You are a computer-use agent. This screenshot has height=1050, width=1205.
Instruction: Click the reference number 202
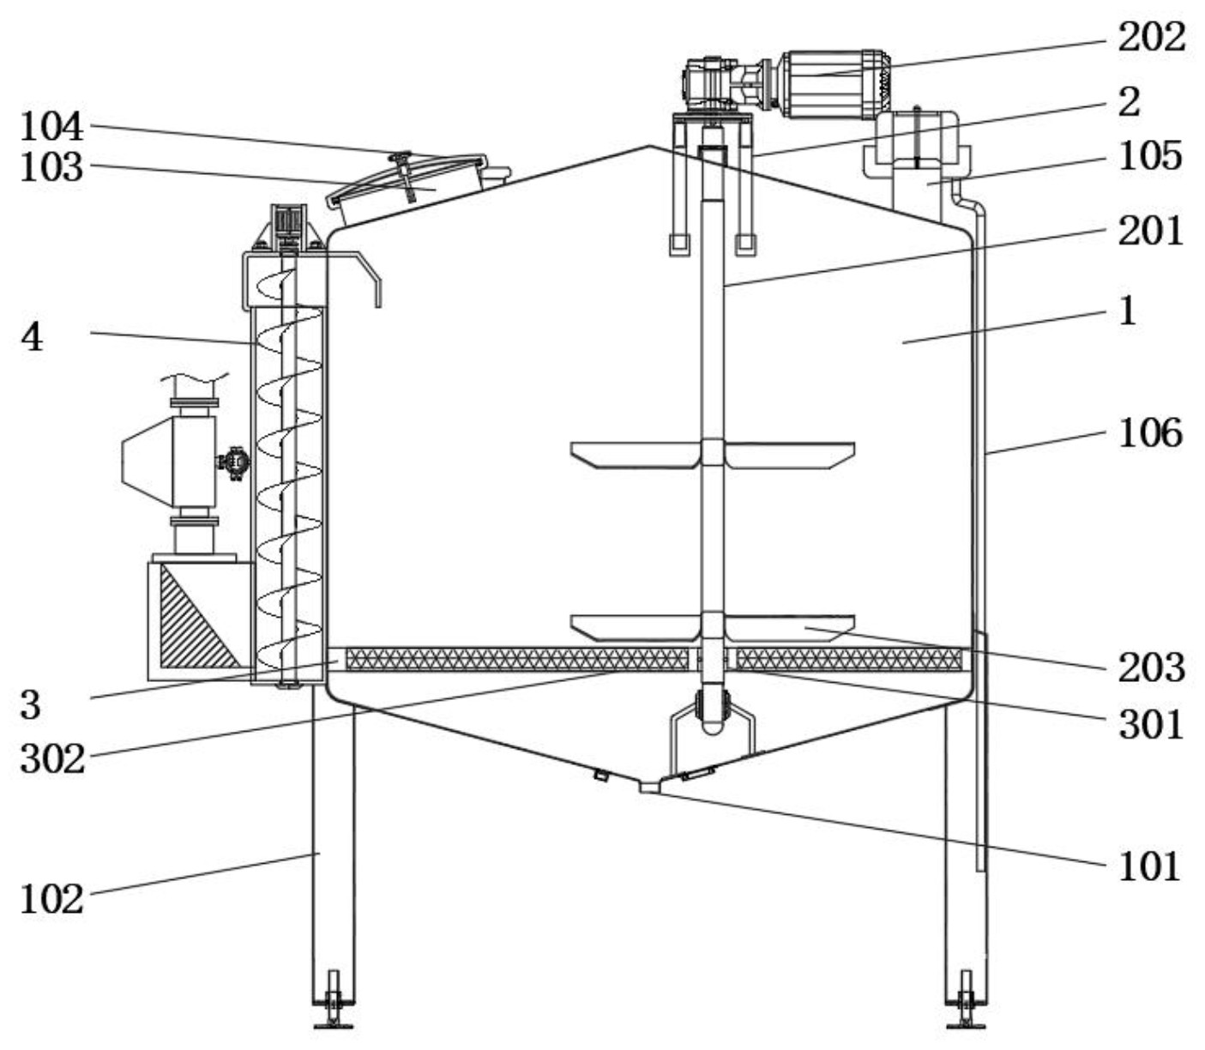coord(1150,37)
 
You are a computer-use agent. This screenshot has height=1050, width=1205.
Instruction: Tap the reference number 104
coord(51,127)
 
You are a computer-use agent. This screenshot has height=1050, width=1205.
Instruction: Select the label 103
coord(51,167)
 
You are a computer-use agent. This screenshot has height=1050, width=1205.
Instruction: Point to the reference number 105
coord(1150,156)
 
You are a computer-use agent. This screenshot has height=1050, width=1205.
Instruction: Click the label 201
coord(1150,231)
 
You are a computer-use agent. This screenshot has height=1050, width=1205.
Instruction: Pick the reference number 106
coord(1150,432)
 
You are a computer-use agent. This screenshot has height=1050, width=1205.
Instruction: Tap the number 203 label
coord(1150,667)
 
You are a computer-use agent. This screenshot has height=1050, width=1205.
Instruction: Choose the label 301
coord(1150,725)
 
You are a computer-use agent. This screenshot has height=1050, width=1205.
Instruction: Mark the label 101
coord(1150,866)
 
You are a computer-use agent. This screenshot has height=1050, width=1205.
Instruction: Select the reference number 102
coord(51,900)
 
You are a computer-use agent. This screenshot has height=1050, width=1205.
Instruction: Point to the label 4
coord(32,336)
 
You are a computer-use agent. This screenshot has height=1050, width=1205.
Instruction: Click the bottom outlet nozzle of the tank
coord(650,787)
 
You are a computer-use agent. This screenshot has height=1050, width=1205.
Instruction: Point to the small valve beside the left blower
coord(233,462)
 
